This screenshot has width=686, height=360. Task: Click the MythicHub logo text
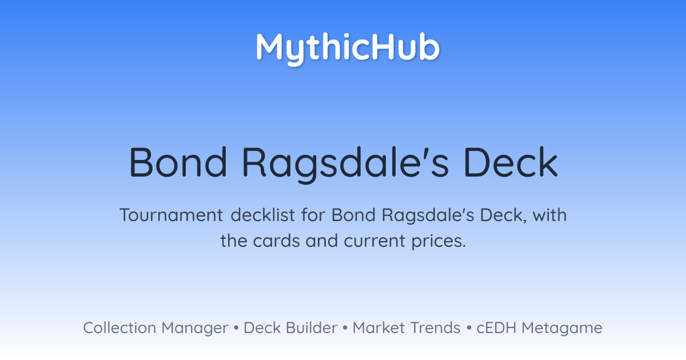[348, 48]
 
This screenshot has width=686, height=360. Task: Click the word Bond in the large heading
[178, 162]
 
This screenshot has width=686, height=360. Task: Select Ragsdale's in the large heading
[346, 165]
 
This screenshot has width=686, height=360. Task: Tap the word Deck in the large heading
[511, 162]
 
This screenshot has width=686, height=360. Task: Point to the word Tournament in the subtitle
[171, 215]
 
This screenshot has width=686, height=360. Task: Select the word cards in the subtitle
[276, 241]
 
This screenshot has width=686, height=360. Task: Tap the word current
[374, 241]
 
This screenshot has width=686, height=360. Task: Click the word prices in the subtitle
[438, 242]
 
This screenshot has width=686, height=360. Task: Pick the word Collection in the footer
[119, 327]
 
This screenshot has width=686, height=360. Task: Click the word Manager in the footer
[195, 329]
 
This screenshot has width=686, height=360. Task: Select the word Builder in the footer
[312, 327]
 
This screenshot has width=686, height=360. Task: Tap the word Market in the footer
[379, 327]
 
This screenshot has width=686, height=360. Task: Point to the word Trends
[435, 327]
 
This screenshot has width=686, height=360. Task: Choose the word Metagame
[562, 329]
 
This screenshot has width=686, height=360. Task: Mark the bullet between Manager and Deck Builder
[236, 328]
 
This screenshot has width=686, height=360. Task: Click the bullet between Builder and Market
[345, 328]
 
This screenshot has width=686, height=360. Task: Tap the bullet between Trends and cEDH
[469, 328]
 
